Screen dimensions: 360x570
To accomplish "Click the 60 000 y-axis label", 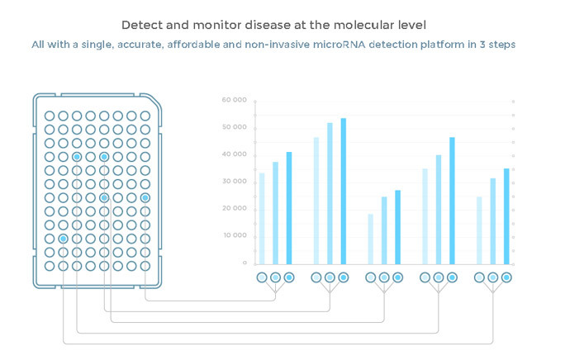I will (235, 100).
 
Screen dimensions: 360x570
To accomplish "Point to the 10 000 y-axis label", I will (235, 235).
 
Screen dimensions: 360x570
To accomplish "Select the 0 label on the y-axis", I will (245, 263).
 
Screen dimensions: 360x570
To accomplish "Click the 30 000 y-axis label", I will (235, 181).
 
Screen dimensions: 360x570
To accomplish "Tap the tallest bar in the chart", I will (344, 191).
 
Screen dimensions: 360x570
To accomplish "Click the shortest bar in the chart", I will (371, 239).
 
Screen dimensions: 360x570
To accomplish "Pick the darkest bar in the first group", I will (289, 208).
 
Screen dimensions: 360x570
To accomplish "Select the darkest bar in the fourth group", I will (452, 201).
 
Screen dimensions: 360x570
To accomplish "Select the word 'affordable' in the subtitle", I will (209, 44).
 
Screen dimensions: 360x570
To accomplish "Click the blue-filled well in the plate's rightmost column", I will (145, 197).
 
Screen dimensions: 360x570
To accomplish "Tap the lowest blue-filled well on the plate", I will (63, 239).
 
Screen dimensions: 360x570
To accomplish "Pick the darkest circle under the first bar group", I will (289, 277).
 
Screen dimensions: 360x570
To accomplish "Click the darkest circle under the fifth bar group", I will (506, 277).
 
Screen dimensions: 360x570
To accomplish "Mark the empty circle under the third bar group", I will (371, 277).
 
